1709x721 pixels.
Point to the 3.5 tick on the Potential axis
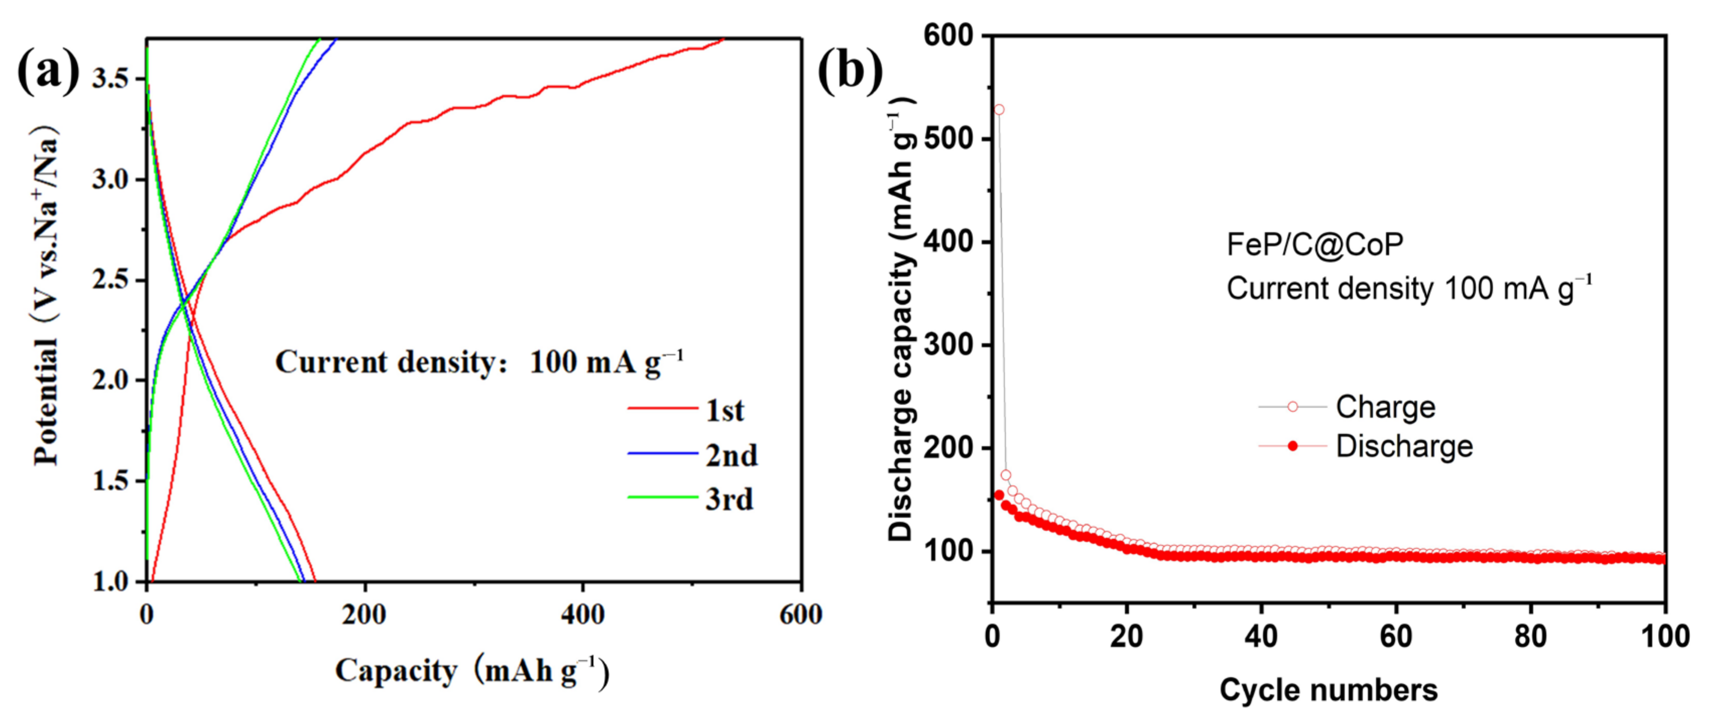click(x=110, y=79)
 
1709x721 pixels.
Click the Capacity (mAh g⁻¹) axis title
click(x=472, y=671)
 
